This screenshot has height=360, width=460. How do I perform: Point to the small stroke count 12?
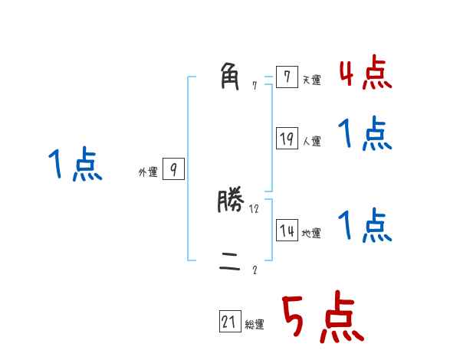tap(255, 208)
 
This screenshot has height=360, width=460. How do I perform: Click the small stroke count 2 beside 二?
tap(255, 270)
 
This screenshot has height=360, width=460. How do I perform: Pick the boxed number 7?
tap(287, 77)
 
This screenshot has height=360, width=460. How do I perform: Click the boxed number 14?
tap(287, 230)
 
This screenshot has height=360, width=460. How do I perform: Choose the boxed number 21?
tap(229, 322)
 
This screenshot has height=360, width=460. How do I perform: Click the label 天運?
tap(311, 80)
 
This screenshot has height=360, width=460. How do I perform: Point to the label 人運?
tap(311, 141)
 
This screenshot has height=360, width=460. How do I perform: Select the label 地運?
tap(311, 234)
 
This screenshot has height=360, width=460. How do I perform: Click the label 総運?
tap(255, 325)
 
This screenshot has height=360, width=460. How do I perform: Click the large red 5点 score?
tap(321, 319)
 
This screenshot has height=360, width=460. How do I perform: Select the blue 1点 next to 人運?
tap(365, 135)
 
